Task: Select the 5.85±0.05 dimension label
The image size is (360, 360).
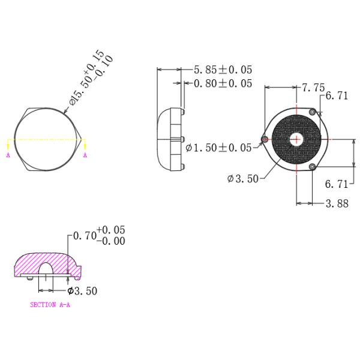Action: tap(223, 70)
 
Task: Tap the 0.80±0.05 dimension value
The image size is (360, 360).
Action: tap(223, 83)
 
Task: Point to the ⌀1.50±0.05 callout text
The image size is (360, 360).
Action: tap(219, 148)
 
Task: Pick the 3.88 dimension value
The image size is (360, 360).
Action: tap(337, 203)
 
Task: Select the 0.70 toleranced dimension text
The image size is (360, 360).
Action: tap(85, 236)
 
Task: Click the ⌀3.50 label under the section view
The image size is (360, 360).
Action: tap(82, 291)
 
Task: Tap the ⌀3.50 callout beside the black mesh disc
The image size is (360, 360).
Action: tap(243, 178)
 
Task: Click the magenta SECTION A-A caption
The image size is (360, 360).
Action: tap(50, 305)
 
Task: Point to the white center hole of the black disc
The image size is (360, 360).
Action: tap(296, 139)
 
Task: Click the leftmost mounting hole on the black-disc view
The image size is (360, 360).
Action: tap(265, 139)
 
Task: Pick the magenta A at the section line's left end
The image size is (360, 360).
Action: tap(8, 155)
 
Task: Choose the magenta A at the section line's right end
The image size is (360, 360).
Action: tap(85, 155)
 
